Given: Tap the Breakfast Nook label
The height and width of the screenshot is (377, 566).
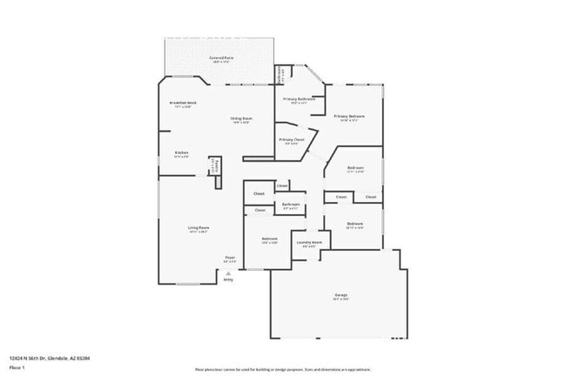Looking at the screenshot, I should coord(181,103).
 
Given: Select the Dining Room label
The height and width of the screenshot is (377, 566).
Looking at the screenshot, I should coord(241,118).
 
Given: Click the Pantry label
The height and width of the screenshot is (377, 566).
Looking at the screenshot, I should coord(218,165).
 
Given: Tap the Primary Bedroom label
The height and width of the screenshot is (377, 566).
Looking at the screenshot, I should coord(349,116).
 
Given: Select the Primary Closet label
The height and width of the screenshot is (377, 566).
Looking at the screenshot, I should coord(292,139).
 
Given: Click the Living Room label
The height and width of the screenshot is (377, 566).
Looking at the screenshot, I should coord(199,228).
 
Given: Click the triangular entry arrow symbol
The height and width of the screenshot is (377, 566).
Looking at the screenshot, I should coord(228,273).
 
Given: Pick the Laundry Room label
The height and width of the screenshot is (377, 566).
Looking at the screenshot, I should coord(310,242).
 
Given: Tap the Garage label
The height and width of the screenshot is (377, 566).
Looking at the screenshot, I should coord(340,295).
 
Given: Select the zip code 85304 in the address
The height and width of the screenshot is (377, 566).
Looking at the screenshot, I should coord(84,358).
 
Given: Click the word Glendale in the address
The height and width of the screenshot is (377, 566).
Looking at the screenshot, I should coord(59,358).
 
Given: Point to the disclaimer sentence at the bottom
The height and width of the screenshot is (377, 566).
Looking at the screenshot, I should coord(282,370).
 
